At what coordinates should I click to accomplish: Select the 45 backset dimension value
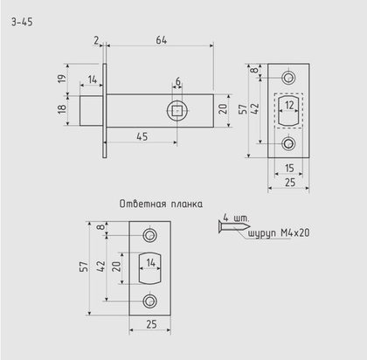(141, 136)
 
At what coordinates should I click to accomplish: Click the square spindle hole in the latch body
(177, 110)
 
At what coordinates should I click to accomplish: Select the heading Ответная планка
(161, 204)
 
